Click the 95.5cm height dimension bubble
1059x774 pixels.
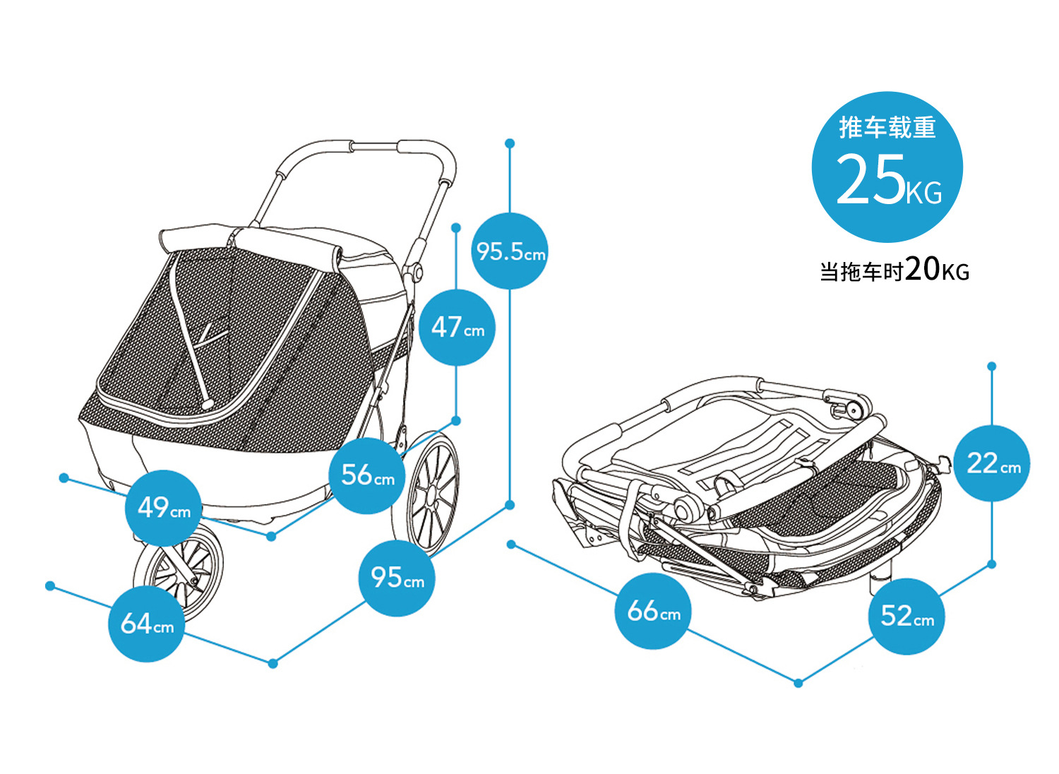(x=510, y=251)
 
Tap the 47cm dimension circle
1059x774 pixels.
(x=457, y=328)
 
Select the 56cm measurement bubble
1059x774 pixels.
(x=367, y=475)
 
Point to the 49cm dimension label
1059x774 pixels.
(x=163, y=508)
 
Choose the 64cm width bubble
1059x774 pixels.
(x=146, y=624)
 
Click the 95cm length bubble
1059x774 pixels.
(x=397, y=578)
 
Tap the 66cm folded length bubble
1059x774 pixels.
(x=654, y=611)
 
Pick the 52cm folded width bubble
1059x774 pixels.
(x=907, y=617)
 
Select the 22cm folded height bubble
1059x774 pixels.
(x=992, y=464)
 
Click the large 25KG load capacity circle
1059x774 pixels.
(x=887, y=168)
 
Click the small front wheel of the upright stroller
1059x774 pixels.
(x=180, y=568)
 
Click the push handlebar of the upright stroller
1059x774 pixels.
(x=374, y=148)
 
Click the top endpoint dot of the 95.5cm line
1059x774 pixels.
(x=510, y=143)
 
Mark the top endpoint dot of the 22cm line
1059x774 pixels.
(x=992, y=367)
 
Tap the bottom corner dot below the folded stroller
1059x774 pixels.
(x=798, y=683)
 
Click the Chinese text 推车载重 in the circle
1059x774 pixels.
(x=887, y=128)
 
